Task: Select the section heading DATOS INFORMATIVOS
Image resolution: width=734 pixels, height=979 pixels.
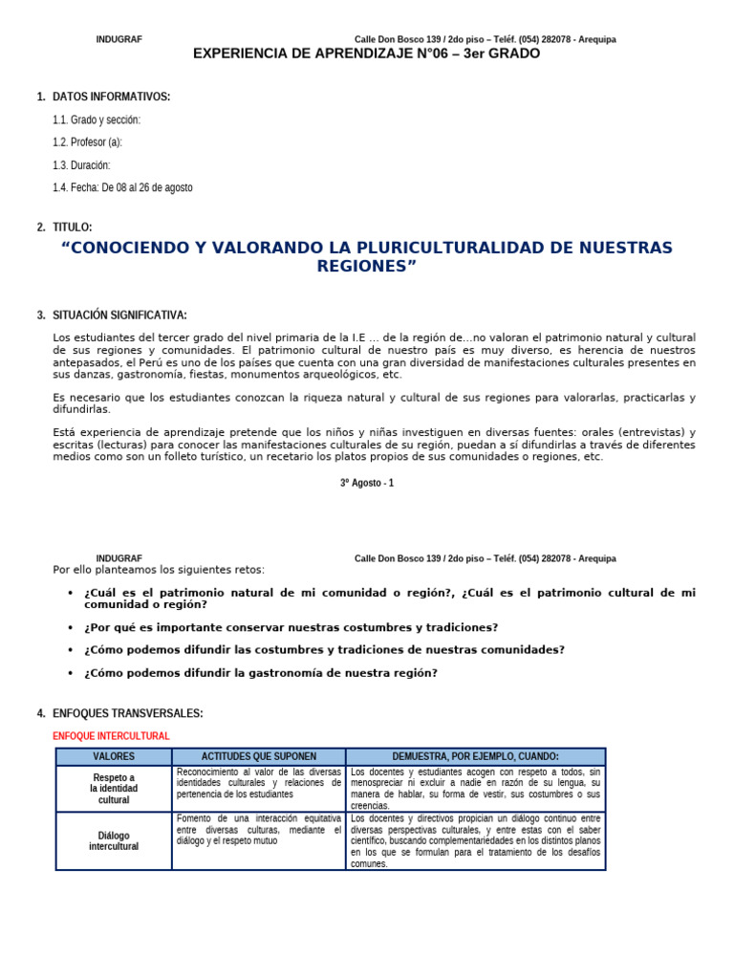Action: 111,97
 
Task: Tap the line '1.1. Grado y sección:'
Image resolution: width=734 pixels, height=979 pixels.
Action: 97,120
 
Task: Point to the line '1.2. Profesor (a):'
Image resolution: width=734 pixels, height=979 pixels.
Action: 88,142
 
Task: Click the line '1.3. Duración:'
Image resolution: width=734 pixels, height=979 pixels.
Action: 81,164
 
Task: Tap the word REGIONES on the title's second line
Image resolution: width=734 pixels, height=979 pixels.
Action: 363,267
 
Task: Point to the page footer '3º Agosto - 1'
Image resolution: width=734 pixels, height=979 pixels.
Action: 367,483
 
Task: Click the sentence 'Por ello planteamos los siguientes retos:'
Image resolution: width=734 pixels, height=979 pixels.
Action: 159,570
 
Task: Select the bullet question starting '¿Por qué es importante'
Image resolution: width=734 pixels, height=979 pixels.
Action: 291,627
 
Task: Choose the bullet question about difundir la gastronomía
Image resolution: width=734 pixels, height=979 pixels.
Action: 261,673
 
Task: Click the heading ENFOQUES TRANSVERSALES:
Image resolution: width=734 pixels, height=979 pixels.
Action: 127,713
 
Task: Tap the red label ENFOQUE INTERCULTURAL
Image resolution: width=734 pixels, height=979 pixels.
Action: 111,736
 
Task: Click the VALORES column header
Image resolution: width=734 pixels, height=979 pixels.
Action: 114,756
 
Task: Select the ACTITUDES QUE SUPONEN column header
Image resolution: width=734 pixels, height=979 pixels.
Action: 259,756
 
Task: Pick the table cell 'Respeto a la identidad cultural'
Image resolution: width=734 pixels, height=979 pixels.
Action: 114,789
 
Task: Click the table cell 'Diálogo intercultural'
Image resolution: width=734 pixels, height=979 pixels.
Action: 114,841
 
